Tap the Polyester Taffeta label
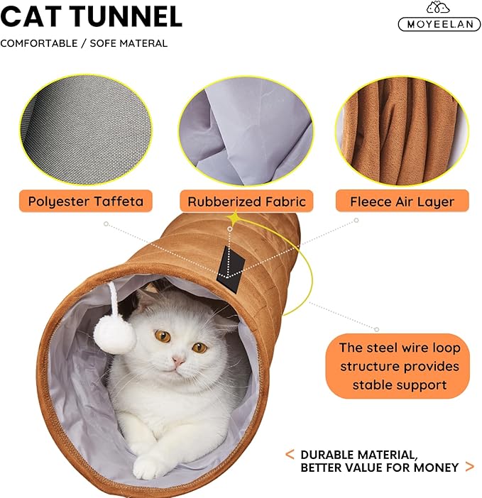click(86, 201)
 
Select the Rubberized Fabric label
click(246, 201)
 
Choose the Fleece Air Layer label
click(402, 201)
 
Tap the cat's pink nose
click(178, 361)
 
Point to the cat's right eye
click(200, 347)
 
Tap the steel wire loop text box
click(399, 366)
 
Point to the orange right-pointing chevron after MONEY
click(469, 467)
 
